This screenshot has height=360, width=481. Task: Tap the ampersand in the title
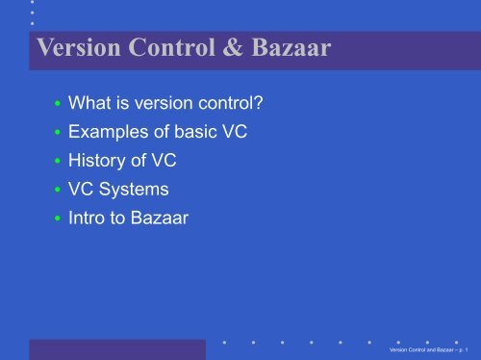(x=221, y=48)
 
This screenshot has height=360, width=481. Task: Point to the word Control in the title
(x=160, y=48)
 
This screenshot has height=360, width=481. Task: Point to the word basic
(x=191, y=129)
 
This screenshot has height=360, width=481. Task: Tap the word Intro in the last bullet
(x=86, y=219)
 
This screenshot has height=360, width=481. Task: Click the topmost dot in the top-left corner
(x=32, y=3)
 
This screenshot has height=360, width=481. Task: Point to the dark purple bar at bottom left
(x=115, y=347)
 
